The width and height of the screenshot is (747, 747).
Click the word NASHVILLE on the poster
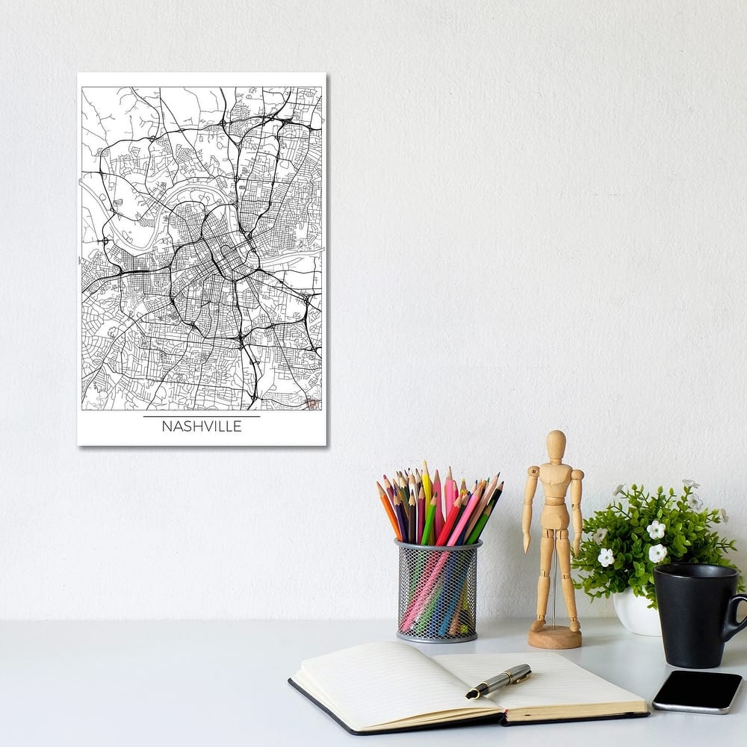202,427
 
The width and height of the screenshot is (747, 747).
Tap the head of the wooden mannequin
556,444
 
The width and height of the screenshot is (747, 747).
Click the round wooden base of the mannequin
554,637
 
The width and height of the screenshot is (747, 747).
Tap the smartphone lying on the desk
697,691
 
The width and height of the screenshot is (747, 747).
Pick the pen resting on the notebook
498,681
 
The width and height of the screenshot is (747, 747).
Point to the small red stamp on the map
312,403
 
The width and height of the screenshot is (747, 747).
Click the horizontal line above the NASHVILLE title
202,416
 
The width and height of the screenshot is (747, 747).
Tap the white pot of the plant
635,613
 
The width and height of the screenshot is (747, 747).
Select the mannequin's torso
554,497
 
